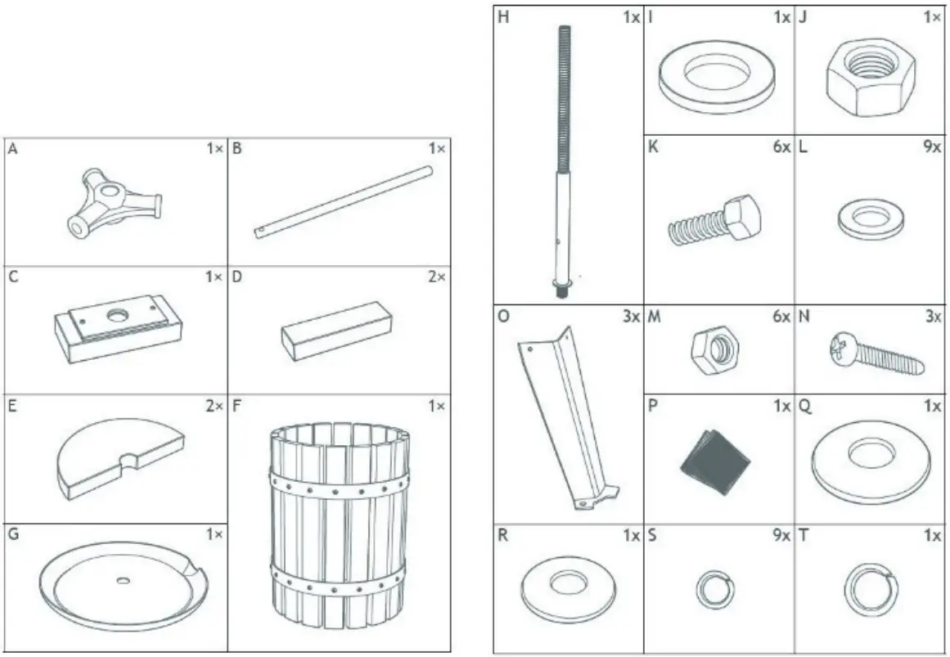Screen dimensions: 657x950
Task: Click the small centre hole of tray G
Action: click(123, 580)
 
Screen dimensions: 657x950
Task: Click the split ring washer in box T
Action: click(870, 588)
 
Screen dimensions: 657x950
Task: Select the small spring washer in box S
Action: click(714, 590)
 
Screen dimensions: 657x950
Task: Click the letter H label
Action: click(503, 16)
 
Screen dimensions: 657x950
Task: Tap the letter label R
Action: click(503, 535)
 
